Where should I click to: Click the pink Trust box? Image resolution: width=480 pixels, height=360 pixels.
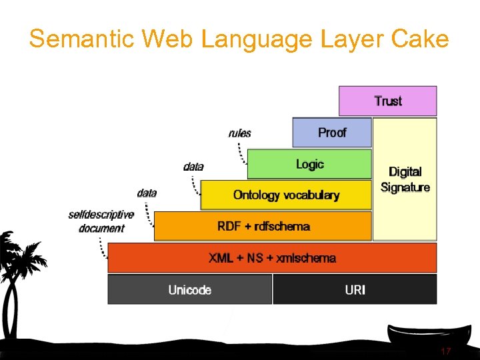pos(387,101)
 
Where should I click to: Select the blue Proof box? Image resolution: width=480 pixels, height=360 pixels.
pos(331,133)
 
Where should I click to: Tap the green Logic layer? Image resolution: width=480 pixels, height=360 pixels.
pos(309,164)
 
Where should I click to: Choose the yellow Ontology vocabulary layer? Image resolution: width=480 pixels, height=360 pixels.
pos(286,195)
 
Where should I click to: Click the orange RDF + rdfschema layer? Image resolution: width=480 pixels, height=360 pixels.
pos(263,226)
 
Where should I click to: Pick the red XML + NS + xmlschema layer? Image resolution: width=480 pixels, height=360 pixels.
pos(272,258)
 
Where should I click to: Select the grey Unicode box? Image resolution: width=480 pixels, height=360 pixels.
pos(190,289)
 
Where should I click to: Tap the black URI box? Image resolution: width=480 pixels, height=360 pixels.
pos(355,289)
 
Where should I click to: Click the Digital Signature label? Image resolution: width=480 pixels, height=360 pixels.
pos(405,180)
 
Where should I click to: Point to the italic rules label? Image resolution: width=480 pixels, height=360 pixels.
pos(239,133)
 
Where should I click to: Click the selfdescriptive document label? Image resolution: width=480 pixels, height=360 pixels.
pos(101,221)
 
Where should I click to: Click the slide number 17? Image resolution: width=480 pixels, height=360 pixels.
pos(446,351)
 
